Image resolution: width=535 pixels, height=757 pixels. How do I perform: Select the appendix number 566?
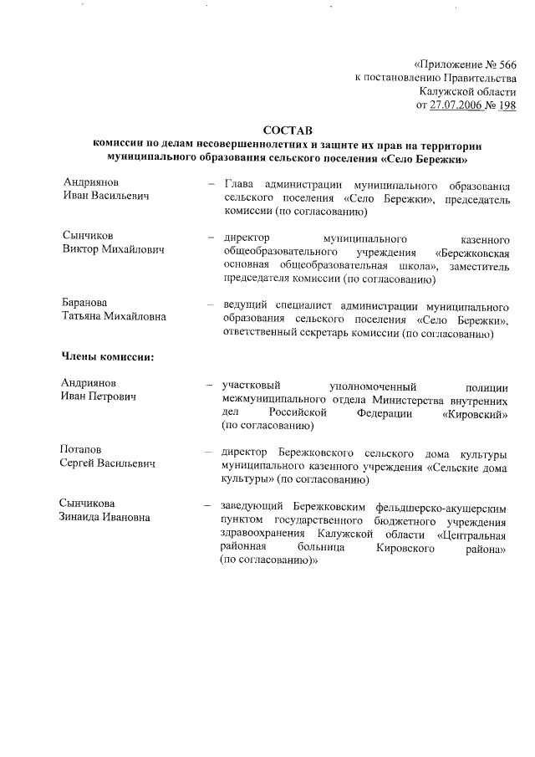tap(506, 64)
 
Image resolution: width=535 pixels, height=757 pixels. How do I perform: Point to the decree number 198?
tap(507, 105)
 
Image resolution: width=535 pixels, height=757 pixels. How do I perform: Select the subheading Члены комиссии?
tap(109, 357)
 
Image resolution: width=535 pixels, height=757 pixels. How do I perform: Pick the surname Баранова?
tap(86, 302)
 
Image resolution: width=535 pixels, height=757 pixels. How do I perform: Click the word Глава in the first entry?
tap(240, 182)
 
